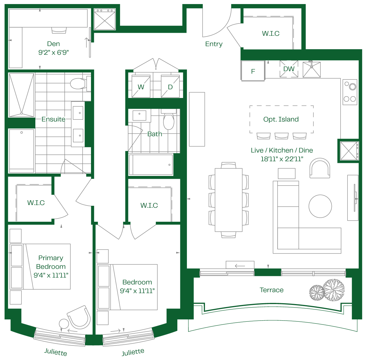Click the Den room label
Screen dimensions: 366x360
click(x=53, y=44)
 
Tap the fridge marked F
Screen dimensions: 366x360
click(x=253, y=71)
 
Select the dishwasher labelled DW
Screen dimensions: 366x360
click(x=289, y=69)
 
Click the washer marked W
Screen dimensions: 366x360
click(x=141, y=86)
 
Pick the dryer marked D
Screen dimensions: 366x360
click(x=170, y=86)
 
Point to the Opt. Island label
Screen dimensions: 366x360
click(x=281, y=119)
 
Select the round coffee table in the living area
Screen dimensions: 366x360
click(x=320, y=206)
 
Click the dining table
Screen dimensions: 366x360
click(x=228, y=200)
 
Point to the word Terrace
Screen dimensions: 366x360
click(x=272, y=290)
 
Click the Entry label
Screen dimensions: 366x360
click(x=214, y=44)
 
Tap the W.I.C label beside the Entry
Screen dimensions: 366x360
click(x=271, y=33)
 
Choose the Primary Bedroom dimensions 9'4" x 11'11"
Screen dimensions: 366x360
click(x=51, y=275)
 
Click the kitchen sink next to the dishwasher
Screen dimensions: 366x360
click(x=312, y=69)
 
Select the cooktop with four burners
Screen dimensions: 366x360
click(x=350, y=92)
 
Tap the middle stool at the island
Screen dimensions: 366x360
click(x=281, y=136)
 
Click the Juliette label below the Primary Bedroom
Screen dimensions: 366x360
click(x=55, y=352)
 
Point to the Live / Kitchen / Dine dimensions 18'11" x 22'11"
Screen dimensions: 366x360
click(x=282, y=159)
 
